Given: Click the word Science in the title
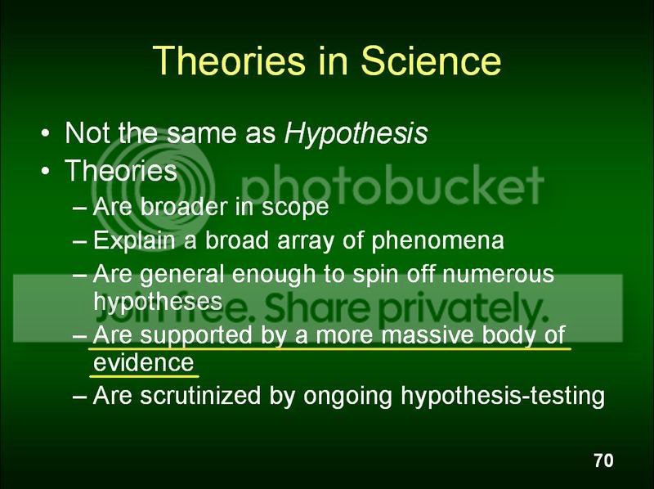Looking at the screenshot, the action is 431,61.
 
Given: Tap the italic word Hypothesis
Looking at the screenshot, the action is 356,134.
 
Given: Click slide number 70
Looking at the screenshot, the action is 603,460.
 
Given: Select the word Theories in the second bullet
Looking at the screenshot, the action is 121,171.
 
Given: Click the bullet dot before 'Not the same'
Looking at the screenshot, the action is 46,134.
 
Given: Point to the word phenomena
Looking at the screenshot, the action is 437,241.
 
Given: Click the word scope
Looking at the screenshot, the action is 295,208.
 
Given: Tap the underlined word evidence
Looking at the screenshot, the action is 144,362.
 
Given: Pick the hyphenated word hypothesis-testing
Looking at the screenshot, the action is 503,397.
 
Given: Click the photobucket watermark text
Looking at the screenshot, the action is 392,184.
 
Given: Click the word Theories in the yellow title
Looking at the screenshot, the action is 229,61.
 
